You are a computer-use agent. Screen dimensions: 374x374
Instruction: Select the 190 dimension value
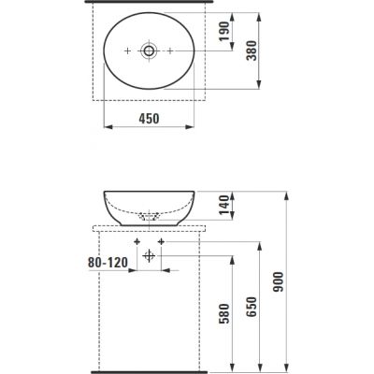pos(223,33)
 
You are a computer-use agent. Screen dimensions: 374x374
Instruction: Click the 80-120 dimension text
pos(101,265)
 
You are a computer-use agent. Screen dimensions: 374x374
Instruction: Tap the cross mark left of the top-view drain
pos(127,50)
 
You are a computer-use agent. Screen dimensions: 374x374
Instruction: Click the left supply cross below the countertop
pos(137,242)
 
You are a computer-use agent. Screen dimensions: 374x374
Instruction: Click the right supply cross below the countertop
pos(161,242)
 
